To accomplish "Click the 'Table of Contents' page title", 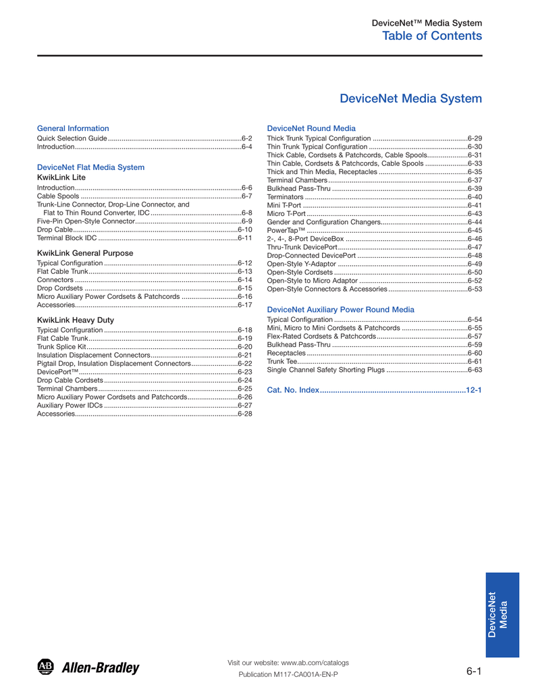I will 432,36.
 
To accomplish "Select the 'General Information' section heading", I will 72,128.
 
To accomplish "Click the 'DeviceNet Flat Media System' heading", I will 90,167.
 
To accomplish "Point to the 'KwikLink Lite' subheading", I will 61,177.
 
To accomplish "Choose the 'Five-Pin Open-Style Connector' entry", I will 86,221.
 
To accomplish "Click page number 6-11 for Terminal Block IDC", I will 244,238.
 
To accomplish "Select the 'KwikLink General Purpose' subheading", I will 84,253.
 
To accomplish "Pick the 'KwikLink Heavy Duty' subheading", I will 75,320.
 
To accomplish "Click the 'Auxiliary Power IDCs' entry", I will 70,406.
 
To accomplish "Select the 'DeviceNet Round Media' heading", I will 311,128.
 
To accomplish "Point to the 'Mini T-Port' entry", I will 284,205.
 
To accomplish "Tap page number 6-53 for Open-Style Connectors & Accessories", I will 475,289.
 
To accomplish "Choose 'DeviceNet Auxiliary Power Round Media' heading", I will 341,310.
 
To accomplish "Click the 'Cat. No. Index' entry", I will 293,391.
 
